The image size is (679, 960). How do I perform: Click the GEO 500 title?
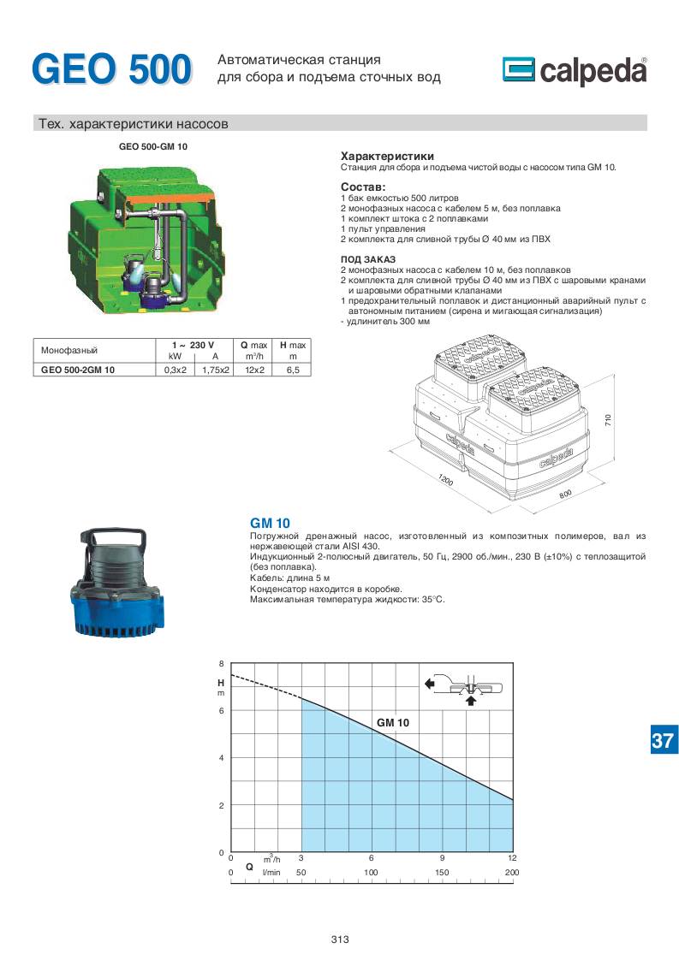111,69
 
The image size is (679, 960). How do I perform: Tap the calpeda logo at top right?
575,71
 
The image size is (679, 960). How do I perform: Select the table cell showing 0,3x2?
175,370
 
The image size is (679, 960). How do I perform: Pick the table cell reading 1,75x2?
216,370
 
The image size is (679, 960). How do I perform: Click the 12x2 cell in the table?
254,370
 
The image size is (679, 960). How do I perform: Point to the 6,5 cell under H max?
293,370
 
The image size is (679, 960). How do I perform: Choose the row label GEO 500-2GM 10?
78,370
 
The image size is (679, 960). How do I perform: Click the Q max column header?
254,344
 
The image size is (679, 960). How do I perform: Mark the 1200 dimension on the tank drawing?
445,481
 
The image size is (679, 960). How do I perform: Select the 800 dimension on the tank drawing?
565,495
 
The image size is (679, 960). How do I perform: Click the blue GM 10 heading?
270,523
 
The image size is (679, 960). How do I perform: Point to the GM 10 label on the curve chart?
393,723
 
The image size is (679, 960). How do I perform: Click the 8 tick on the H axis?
221,664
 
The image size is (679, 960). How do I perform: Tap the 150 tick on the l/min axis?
442,872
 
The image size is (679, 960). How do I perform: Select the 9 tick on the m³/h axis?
442,857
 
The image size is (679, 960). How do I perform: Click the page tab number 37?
662,741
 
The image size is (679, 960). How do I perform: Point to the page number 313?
339,939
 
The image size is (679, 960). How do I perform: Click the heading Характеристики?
387,157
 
